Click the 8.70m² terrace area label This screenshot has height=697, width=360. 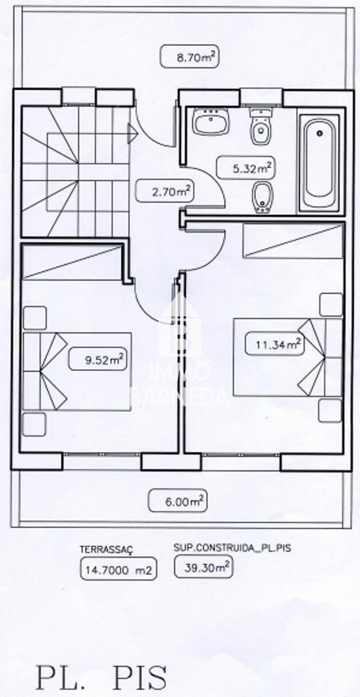click(x=189, y=57)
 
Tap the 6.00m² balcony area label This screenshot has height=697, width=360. click(x=177, y=501)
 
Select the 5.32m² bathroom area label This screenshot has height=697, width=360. click(x=246, y=168)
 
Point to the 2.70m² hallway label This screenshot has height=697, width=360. click(x=165, y=191)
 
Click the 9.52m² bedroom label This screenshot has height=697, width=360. click(x=98, y=360)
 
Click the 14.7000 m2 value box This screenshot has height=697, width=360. click(x=118, y=570)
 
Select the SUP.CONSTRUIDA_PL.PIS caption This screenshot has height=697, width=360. click(x=231, y=548)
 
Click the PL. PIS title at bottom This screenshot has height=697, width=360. click(x=101, y=676)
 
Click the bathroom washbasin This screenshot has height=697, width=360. click(x=211, y=122)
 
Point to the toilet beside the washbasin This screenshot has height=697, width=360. click(x=261, y=127)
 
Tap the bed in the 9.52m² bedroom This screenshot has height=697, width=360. click(x=77, y=371)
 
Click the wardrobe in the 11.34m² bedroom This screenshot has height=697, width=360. click(x=292, y=240)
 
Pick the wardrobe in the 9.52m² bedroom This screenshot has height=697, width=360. click(x=71, y=261)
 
